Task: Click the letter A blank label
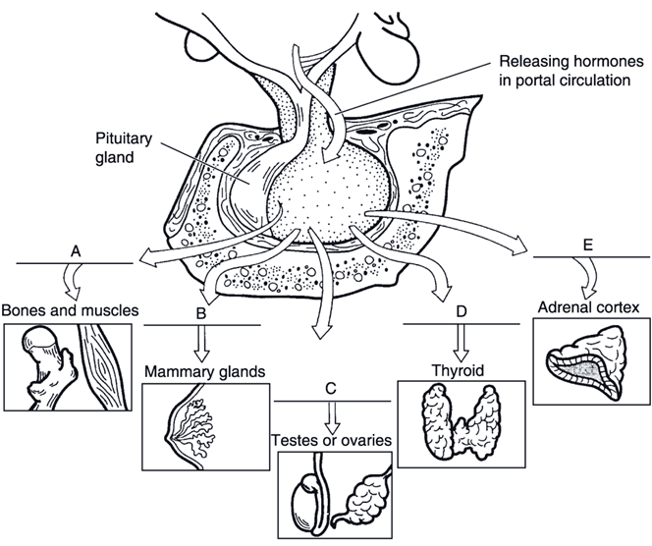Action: tap(76, 251)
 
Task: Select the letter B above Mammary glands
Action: tap(200, 314)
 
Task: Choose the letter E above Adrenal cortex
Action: tap(587, 246)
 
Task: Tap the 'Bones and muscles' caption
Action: tap(70, 311)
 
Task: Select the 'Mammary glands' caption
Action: tap(205, 372)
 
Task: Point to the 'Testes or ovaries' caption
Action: tap(331, 439)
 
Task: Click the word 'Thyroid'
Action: tap(455, 370)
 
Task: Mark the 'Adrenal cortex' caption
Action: tap(588, 307)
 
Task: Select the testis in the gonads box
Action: tap(310, 496)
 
